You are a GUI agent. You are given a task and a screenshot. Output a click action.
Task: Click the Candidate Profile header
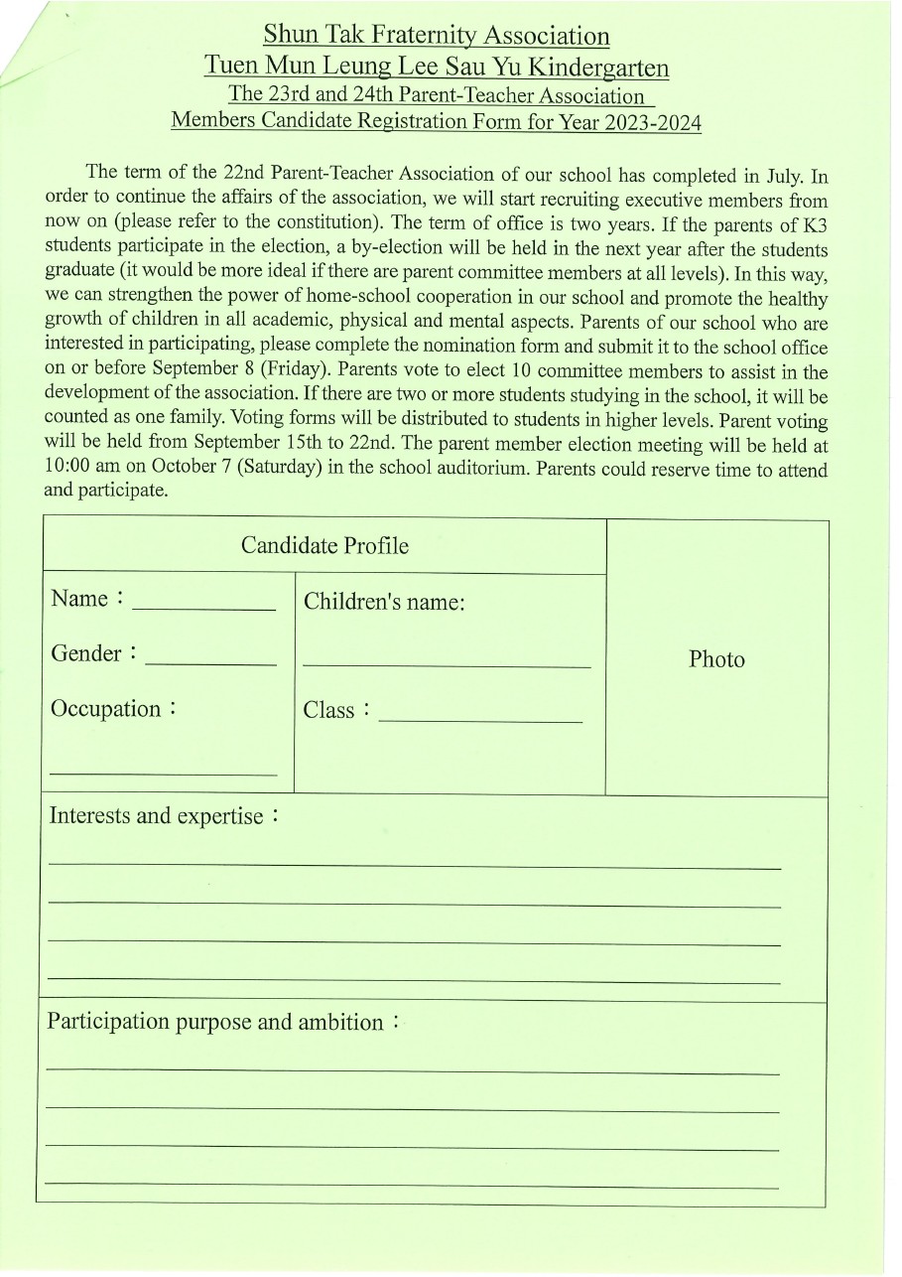(324, 546)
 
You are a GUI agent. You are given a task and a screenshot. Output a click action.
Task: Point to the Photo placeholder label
(716, 660)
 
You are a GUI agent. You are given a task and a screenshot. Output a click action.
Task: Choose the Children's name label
(384, 603)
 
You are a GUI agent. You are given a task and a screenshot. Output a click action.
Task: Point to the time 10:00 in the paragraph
(68, 469)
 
